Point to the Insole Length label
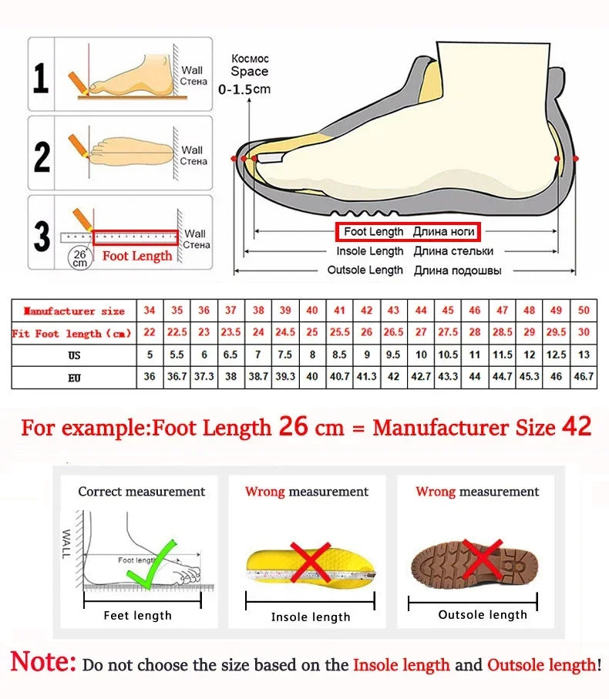(370, 251)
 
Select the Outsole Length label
(365, 270)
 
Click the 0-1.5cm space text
(244, 89)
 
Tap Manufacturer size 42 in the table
(367, 311)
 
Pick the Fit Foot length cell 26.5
(393, 333)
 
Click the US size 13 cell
(584, 355)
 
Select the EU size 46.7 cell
(584, 378)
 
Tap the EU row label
(74, 378)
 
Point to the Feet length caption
(138, 615)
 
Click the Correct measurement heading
(142, 492)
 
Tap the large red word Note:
(43, 662)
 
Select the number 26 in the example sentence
(293, 427)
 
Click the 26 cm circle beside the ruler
(79, 257)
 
